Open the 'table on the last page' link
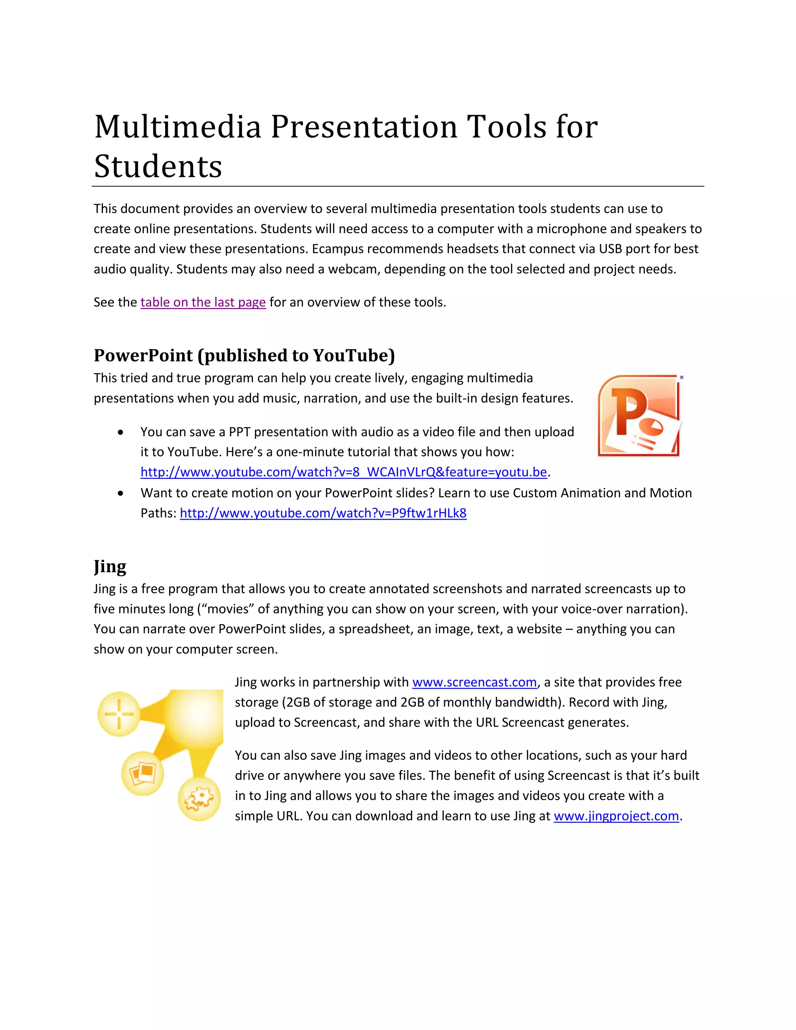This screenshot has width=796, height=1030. [203, 302]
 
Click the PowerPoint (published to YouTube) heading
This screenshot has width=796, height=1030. [244, 355]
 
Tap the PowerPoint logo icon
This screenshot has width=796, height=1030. [639, 416]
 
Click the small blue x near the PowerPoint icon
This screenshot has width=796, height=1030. [681, 377]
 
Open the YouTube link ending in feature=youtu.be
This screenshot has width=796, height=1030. [343, 472]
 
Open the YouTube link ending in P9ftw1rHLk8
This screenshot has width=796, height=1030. [323, 513]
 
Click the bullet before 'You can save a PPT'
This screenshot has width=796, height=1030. [121, 432]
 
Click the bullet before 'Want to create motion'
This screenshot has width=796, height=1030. [121, 493]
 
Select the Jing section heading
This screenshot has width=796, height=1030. [110, 566]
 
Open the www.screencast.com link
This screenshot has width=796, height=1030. [475, 682]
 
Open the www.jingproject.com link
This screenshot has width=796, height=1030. [616, 816]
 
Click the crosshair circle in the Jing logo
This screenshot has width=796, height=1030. [119, 714]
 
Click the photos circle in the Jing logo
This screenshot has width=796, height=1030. [142, 773]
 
